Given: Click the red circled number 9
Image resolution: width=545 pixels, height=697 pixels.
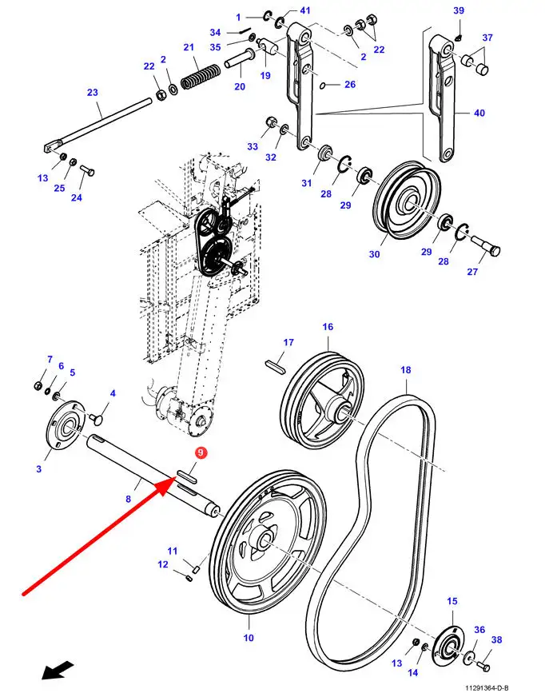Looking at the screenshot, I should [201, 453].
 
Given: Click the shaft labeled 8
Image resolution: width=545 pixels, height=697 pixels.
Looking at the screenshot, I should [152, 472].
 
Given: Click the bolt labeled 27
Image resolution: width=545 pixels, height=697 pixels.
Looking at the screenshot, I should [487, 245].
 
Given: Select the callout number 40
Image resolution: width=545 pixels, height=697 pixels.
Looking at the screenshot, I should [479, 114].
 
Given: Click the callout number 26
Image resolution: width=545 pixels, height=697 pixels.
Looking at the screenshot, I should [349, 85].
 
